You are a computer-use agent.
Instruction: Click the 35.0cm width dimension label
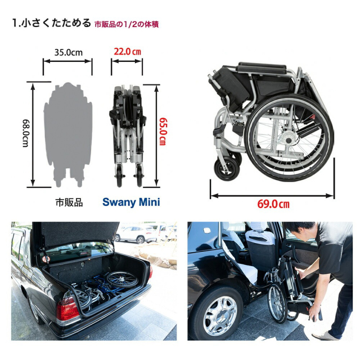click(x=68, y=52)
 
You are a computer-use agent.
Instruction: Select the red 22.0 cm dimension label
click(x=127, y=51)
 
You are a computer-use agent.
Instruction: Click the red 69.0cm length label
click(x=273, y=204)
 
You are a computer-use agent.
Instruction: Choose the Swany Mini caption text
click(x=131, y=202)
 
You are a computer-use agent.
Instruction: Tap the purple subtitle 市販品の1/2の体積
click(x=126, y=24)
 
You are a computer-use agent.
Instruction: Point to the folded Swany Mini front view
click(x=127, y=132)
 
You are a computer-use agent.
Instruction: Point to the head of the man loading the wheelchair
click(x=299, y=230)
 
